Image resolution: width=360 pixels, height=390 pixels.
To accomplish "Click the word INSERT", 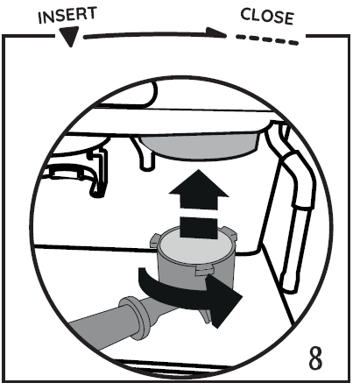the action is (67, 15).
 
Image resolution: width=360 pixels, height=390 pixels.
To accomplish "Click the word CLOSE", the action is (267, 17).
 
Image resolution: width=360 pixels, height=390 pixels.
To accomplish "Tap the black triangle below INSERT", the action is (69, 36).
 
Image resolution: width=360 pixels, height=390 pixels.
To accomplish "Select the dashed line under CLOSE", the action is (267, 39).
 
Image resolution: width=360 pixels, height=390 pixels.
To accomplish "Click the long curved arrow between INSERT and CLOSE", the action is (155, 34).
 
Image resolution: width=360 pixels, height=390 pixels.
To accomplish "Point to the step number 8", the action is (315, 358).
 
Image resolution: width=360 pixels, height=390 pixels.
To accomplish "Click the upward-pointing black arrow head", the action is (199, 189).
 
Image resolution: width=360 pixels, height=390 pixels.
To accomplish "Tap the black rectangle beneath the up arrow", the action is (199, 228).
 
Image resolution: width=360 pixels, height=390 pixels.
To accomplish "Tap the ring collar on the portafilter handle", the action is (138, 317).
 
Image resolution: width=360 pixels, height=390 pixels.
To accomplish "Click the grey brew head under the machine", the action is (200, 145).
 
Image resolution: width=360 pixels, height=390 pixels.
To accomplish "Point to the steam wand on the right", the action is (292, 204).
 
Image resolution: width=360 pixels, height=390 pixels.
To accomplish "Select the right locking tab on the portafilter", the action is (230, 233).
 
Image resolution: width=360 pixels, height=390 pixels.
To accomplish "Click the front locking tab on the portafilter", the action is (203, 271).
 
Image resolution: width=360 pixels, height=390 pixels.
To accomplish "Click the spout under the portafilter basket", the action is (205, 315).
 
